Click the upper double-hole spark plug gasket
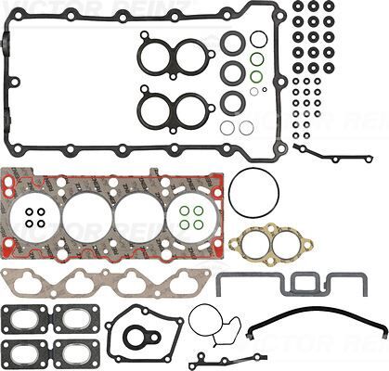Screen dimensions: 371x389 pos(171,56)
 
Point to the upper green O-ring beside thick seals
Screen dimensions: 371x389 pos(256,59)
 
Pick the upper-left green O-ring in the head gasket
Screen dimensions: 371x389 pos(184,210)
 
